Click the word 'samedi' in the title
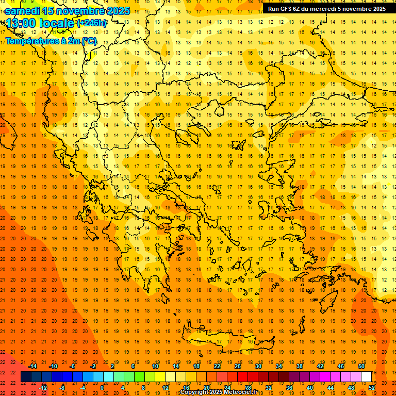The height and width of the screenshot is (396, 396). pyautogui.click(x=23, y=11)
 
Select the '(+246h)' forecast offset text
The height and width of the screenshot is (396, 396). pyautogui.click(x=92, y=23)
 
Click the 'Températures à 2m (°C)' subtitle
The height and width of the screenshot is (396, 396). pyautogui.click(x=51, y=41)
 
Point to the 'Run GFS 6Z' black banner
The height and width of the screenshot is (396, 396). pyautogui.click(x=326, y=8)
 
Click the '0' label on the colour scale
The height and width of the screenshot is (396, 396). pyautogui.click(x=102, y=388)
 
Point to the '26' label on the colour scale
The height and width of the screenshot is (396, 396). pyautogui.click(x=238, y=366)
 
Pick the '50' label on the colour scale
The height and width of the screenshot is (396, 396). pyautogui.click(x=361, y=366)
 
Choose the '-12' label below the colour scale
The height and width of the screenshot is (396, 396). pyautogui.click(x=43, y=388)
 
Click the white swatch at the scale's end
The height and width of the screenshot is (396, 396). pyautogui.click(x=366, y=377)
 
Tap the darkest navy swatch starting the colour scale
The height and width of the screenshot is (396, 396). pyautogui.click(x=26, y=377)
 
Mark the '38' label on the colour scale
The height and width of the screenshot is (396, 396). pyautogui.click(x=300, y=366)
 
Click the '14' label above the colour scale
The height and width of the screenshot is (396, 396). pyautogui.click(x=176, y=366)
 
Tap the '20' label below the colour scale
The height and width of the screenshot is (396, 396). pyautogui.click(x=207, y=388)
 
